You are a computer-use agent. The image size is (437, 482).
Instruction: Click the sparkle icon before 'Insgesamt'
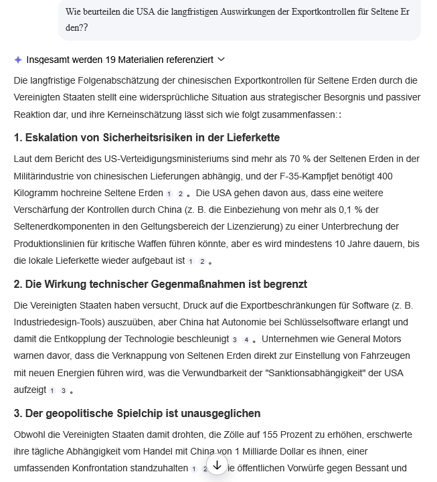(18, 60)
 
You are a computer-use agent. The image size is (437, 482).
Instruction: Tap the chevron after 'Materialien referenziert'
(222, 60)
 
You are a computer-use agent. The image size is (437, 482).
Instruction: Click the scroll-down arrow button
(217, 465)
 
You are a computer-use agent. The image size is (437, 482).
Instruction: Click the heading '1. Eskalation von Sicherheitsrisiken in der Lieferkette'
(147, 137)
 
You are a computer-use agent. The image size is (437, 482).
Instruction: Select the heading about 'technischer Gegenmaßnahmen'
(160, 284)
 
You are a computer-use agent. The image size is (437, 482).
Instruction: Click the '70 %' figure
(299, 159)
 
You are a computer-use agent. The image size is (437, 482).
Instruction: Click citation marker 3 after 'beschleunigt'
(235, 340)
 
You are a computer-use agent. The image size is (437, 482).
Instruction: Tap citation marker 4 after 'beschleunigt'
(246, 340)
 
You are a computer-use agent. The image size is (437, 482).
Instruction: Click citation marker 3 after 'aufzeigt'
(64, 390)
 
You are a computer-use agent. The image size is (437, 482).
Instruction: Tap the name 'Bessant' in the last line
(369, 468)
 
